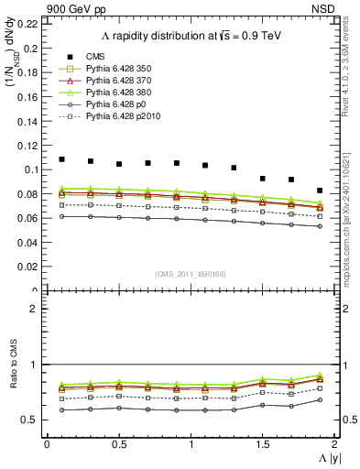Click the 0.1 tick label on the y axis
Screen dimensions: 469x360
click(x=31, y=169)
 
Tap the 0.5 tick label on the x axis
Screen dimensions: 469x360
click(x=119, y=444)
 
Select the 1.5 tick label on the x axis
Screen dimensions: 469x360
click(x=263, y=444)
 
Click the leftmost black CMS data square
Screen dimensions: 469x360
click(x=61, y=159)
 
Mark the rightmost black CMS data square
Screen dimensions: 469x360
click(x=320, y=191)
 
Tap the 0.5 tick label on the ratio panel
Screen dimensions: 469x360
click(x=31, y=420)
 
